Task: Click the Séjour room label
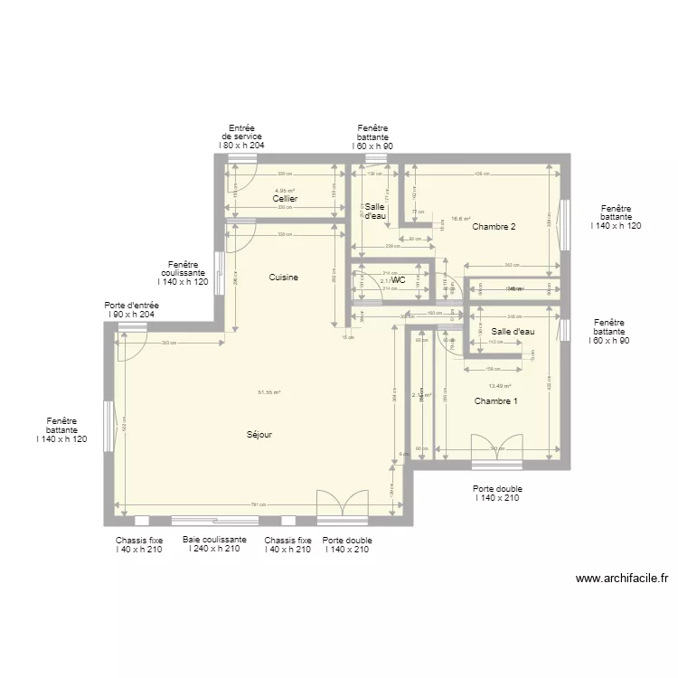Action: pyautogui.click(x=259, y=435)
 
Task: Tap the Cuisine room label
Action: pyautogui.click(x=283, y=278)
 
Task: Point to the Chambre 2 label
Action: pyautogui.click(x=494, y=227)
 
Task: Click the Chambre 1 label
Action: pyautogui.click(x=495, y=400)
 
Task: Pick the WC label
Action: pyautogui.click(x=398, y=280)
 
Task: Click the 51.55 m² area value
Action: pyautogui.click(x=269, y=392)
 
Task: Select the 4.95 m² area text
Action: pyautogui.click(x=285, y=191)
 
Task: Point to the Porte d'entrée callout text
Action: pyautogui.click(x=132, y=310)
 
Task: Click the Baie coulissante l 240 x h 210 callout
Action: pyautogui.click(x=214, y=544)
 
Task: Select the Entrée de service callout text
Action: pyautogui.click(x=241, y=137)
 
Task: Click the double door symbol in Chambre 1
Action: pyautogui.click(x=496, y=447)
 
